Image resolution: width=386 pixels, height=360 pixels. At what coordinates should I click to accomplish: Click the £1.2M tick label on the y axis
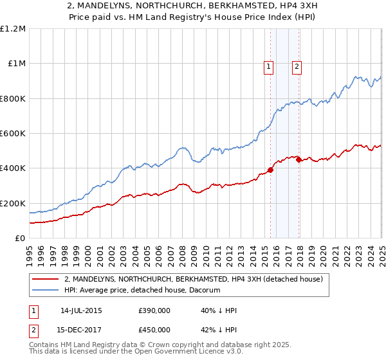tap(13, 29)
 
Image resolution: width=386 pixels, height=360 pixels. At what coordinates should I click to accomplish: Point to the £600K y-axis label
tap(13, 134)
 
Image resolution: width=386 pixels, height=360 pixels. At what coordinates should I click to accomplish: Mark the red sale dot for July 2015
tap(270, 170)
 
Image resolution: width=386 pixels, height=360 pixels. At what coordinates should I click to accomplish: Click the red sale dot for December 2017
tap(299, 160)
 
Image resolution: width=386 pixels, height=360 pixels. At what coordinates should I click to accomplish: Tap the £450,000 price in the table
tap(154, 330)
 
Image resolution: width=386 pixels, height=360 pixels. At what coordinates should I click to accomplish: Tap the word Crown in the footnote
tap(163, 346)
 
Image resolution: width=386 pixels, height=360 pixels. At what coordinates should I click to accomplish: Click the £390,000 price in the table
tap(154, 311)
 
